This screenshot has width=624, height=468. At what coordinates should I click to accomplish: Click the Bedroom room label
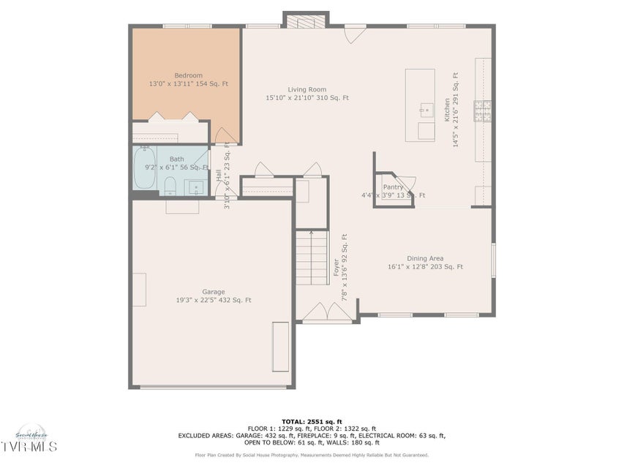pos(188,75)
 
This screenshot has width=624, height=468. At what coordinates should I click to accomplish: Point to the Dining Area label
pos(425,258)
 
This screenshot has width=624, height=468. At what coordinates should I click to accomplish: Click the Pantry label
pos(393,187)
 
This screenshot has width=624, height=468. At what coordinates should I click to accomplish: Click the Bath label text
pos(176,159)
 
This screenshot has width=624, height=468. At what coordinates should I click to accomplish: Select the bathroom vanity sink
pos(197,189)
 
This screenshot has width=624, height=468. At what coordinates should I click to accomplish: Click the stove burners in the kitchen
pos(483,110)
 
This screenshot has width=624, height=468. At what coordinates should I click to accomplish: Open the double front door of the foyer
pos(327,314)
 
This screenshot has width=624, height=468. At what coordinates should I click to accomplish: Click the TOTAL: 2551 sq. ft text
pos(312,422)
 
